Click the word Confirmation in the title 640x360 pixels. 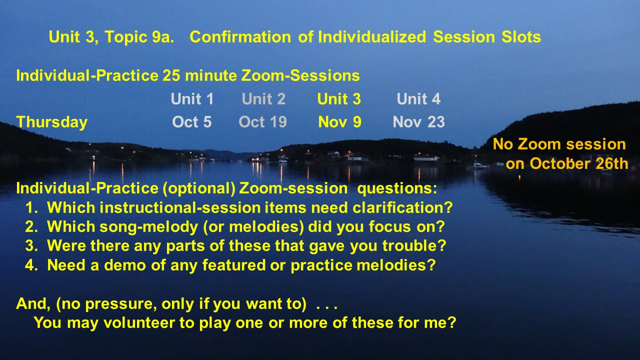(240, 37)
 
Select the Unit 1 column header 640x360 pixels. (192, 99)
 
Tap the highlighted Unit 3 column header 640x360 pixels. (339, 99)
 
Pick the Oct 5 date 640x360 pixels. (191, 122)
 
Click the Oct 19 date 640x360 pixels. (262, 122)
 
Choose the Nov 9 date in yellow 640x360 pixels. (339, 122)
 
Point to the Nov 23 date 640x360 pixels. (418, 122)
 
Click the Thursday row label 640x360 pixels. (51, 122)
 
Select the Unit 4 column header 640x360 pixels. (418, 99)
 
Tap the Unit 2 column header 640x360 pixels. (263, 99)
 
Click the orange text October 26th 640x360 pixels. (579, 163)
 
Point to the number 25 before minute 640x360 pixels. (171, 75)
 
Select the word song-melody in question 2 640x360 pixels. (148, 227)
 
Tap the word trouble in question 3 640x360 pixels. (414, 246)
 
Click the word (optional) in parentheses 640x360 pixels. (199, 189)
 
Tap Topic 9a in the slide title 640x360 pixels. (139, 37)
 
